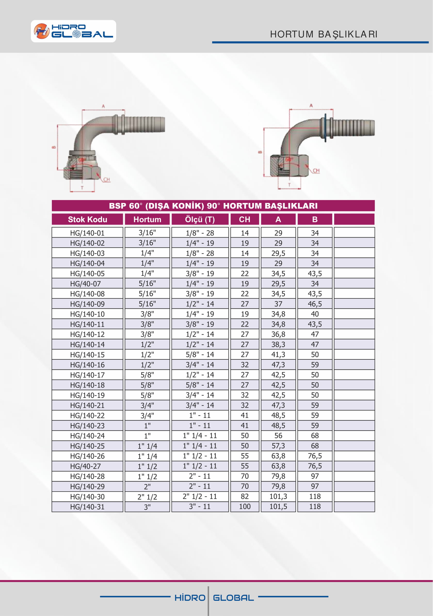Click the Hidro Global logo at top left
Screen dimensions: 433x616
point(74,31)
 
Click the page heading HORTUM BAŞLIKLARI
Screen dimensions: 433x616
point(324,34)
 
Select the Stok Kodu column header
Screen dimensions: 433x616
point(87,219)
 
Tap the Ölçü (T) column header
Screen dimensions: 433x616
point(200,219)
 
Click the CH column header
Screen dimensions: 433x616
point(245,219)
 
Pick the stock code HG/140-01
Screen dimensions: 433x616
point(87,233)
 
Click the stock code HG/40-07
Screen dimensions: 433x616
point(85,283)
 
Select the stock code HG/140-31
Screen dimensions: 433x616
point(87,507)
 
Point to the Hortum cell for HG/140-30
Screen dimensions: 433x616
point(147,497)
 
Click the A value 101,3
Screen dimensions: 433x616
point(278,497)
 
